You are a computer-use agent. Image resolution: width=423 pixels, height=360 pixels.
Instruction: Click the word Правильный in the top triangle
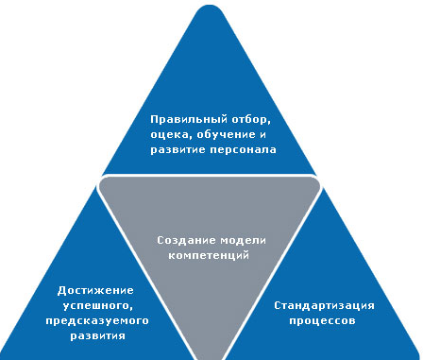click(189, 120)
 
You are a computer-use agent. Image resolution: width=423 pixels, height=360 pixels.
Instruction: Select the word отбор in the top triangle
click(251, 120)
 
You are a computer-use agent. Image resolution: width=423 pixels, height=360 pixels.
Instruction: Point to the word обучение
click(226, 135)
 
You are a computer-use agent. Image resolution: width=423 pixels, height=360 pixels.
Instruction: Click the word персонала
click(243, 150)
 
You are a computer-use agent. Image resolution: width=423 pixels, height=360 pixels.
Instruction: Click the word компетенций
click(209, 255)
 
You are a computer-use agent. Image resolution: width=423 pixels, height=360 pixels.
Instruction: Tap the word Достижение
click(95, 290)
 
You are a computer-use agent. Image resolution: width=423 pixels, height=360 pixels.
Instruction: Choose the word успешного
click(97, 306)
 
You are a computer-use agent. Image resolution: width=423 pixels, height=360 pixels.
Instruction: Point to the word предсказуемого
click(97, 321)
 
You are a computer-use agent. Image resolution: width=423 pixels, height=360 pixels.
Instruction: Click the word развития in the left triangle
click(97, 335)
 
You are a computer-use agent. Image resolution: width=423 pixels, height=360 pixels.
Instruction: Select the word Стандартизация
click(324, 305)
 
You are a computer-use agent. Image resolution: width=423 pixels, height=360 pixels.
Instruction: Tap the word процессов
click(322, 321)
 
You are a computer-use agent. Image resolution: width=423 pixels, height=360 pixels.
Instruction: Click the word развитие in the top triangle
click(178, 150)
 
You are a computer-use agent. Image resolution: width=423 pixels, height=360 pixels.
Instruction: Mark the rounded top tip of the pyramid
click(210, 6)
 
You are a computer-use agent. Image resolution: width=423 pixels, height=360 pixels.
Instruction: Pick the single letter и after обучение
click(262, 135)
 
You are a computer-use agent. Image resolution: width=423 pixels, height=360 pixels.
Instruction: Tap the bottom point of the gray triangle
click(209, 359)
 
